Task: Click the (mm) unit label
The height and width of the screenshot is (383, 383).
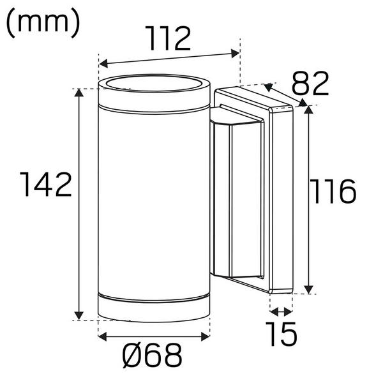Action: [43, 22]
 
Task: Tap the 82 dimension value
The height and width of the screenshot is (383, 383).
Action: [310, 83]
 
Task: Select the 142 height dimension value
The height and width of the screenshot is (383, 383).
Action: [44, 185]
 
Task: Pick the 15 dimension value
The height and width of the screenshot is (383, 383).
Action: [280, 334]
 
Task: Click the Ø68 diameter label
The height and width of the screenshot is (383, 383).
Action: [154, 356]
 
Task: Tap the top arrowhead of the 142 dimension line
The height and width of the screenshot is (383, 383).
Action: [79, 93]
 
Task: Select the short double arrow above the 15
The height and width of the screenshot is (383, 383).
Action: [280, 312]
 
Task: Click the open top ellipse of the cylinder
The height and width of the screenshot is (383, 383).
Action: [154, 86]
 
